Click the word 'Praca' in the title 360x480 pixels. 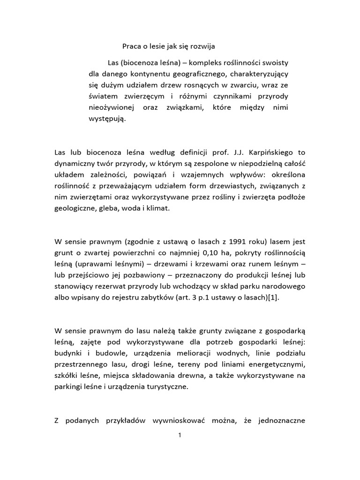click(x=132, y=47)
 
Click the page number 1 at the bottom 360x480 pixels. click(x=180, y=435)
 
